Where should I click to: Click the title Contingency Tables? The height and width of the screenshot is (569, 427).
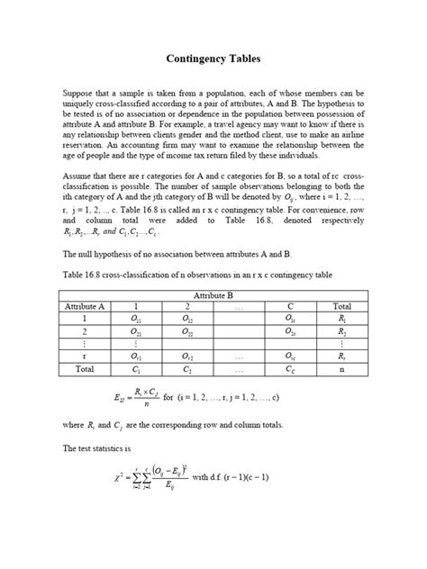pos(213,59)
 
